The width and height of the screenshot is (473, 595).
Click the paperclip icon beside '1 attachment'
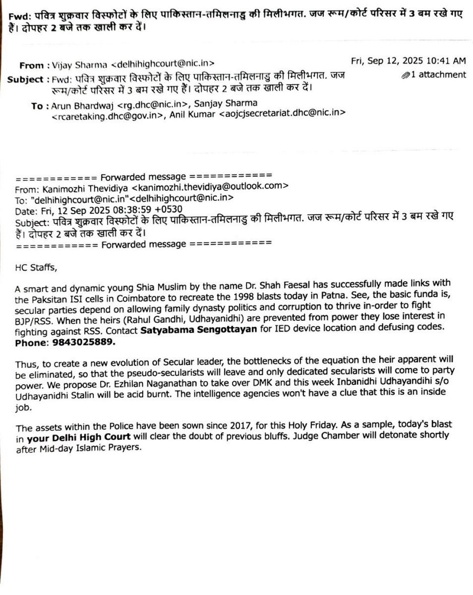pyautogui.click(x=406, y=75)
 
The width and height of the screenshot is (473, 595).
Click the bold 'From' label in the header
pyautogui.click(x=31, y=65)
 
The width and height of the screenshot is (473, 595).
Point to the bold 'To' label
pyautogui.click(x=37, y=106)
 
